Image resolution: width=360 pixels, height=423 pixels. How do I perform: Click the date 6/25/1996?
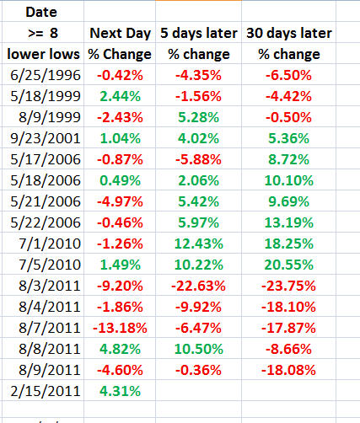(46, 75)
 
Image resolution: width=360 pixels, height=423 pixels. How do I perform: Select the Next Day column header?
(121, 34)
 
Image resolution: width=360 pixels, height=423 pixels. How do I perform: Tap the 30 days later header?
(289, 33)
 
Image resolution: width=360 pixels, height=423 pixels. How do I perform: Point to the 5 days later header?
(199, 33)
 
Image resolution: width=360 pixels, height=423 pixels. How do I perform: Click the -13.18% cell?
(120, 328)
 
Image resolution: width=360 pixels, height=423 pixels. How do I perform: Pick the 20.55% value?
(289, 265)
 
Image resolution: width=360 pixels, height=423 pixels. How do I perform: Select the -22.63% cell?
(198, 286)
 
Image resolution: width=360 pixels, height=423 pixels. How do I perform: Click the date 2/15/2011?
(46, 391)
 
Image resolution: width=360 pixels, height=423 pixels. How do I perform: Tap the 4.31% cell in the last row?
(120, 391)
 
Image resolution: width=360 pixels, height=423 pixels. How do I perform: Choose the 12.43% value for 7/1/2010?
(199, 244)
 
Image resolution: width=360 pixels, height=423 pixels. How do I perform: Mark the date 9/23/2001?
(46, 138)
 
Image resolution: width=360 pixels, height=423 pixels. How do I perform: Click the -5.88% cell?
(198, 159)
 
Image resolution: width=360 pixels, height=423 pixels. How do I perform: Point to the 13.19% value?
(289, 222)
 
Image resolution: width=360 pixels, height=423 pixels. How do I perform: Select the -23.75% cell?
(288, 286)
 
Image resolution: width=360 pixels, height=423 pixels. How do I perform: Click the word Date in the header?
(41, 12)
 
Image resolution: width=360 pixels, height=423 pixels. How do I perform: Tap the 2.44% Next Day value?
(120, 96)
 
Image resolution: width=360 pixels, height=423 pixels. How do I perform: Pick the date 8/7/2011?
(50, 328)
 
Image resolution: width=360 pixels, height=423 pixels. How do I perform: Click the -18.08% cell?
(288, 370)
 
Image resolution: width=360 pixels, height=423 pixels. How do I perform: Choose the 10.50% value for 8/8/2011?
(199, 349)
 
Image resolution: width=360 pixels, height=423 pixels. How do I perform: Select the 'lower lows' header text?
(43, 54)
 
